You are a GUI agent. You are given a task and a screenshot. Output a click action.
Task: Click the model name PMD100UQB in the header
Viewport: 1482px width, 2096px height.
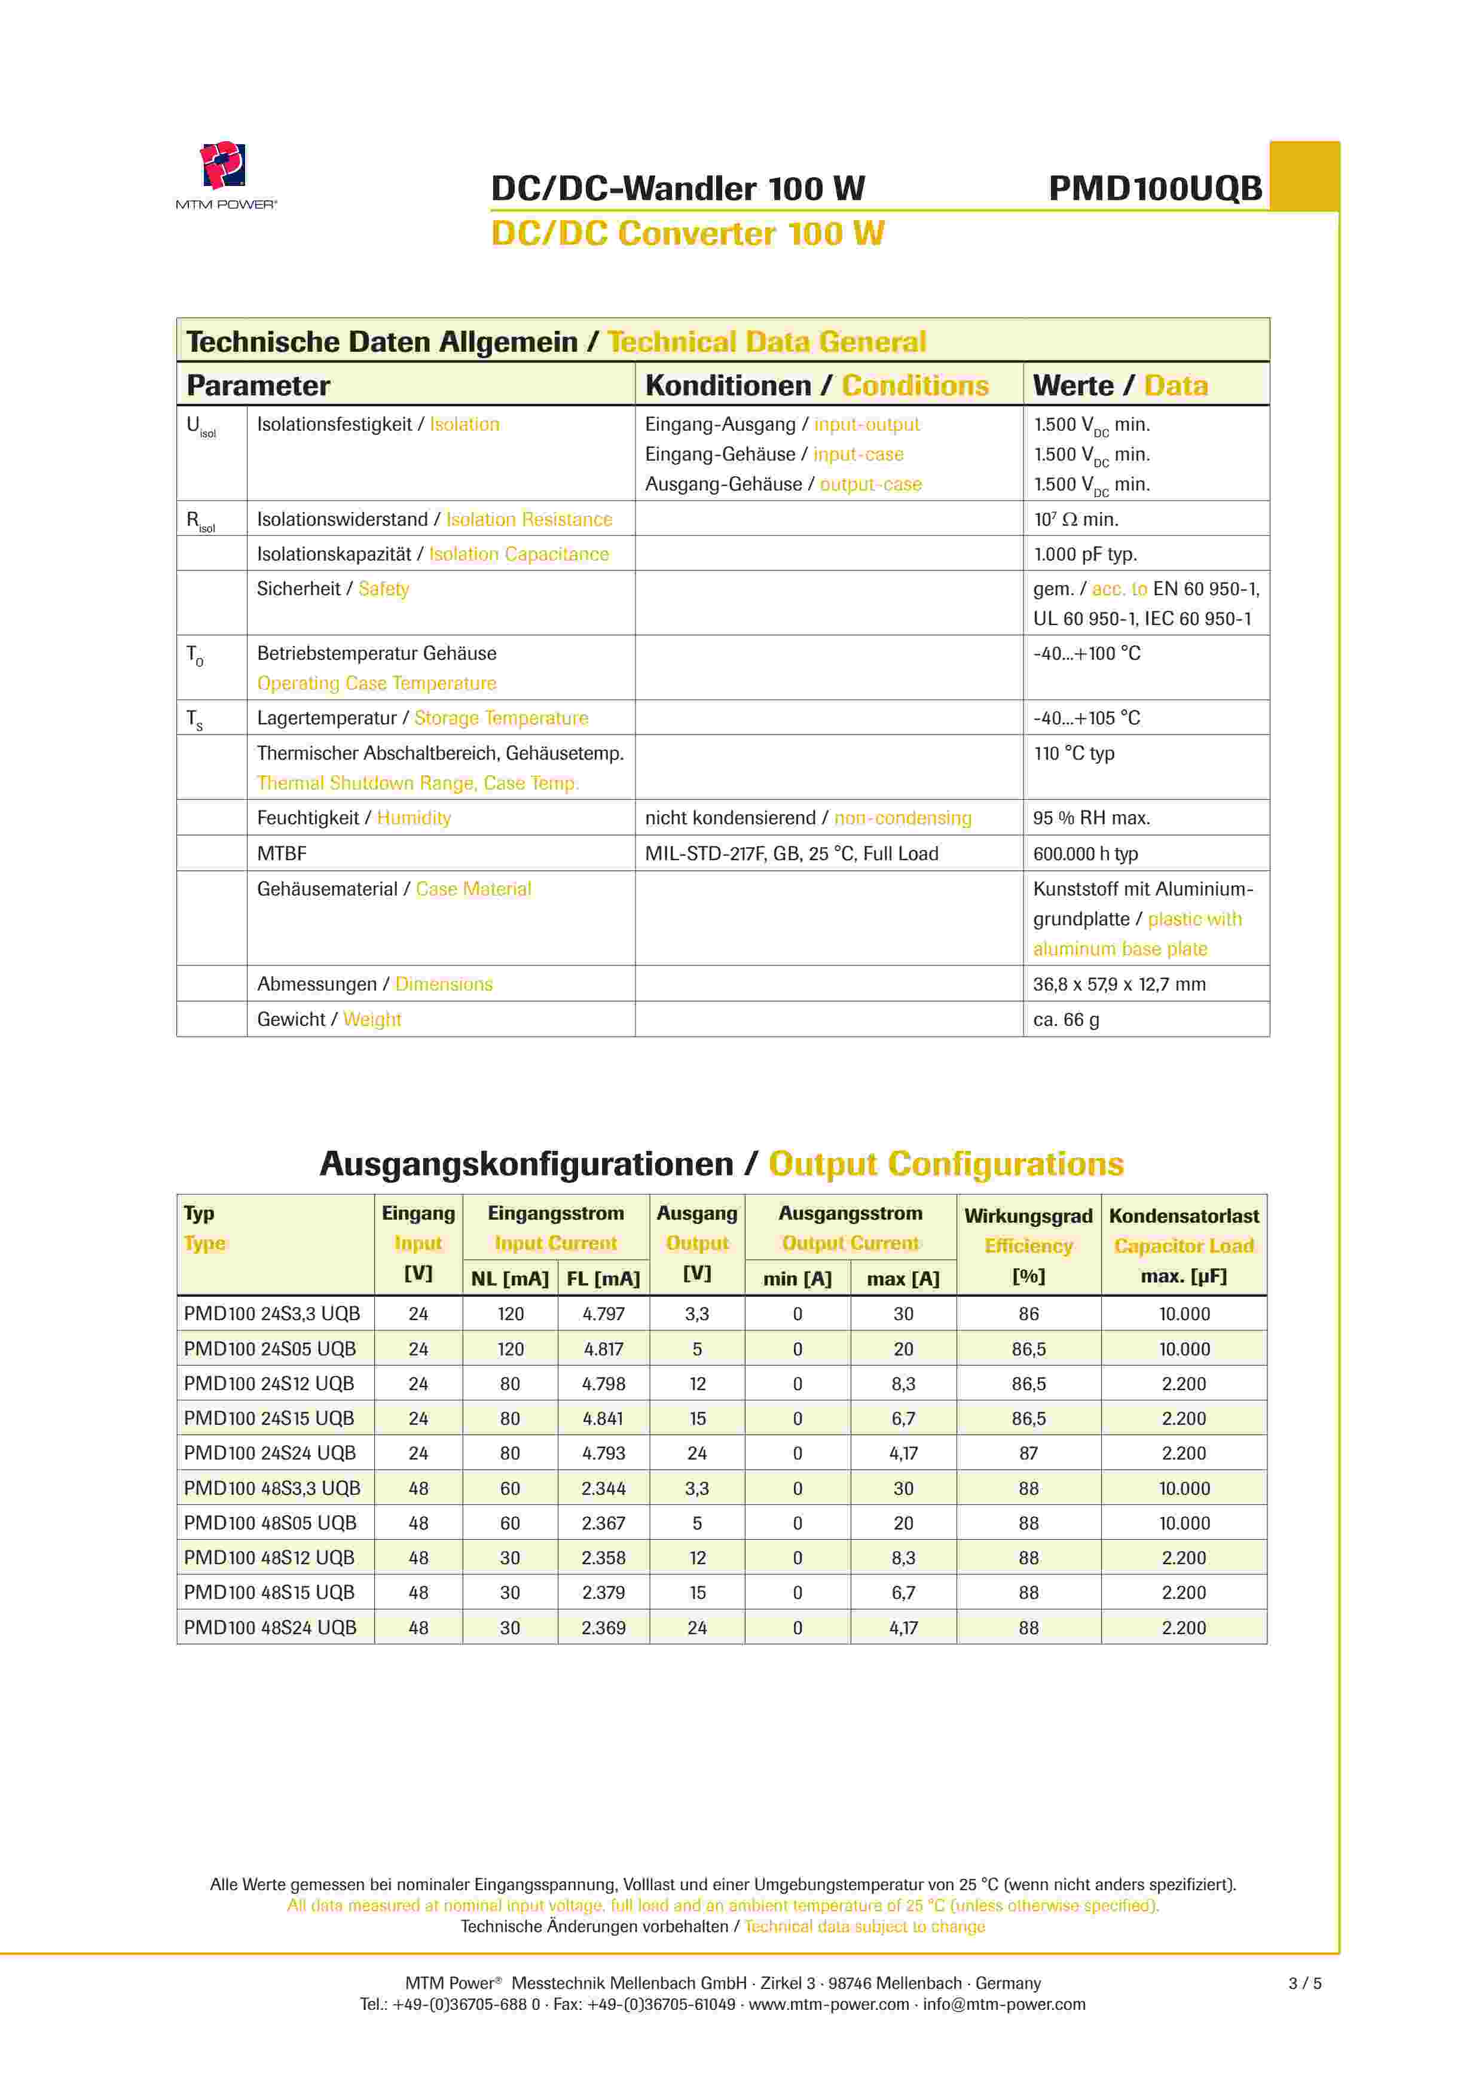click(1154, 189)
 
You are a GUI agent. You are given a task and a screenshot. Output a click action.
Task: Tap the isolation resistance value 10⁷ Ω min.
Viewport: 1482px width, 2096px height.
click(1075, 519)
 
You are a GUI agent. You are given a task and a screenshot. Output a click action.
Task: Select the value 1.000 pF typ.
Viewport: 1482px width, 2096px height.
click(1084, 554)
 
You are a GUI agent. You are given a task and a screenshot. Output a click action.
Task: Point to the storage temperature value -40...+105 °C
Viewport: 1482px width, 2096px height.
click(1086, 718)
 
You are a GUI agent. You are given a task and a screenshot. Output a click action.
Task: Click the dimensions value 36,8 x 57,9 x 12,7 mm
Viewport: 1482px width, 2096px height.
click(1119, 984)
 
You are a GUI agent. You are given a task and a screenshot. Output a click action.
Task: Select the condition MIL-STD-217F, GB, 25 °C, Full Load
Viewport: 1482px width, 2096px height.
click(791, 854)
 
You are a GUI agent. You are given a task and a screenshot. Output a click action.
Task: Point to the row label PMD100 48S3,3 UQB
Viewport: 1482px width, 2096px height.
click(272, 1488)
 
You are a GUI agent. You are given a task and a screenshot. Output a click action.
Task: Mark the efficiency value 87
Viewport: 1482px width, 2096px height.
click(1028, 1454)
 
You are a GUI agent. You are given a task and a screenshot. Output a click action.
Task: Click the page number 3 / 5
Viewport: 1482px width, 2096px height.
click(1304, 1983)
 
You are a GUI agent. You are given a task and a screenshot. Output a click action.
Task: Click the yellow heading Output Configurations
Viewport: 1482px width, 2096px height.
click(945, 1165)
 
